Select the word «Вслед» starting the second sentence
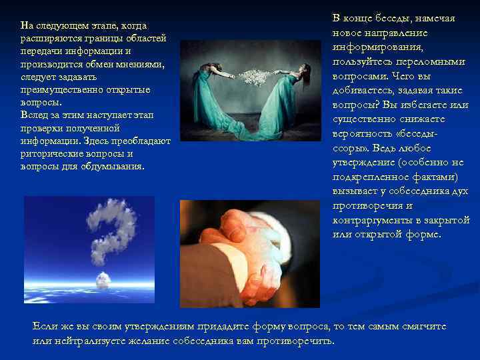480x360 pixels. point(34,115)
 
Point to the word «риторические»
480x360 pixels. point(52,153)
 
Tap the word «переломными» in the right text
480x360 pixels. point(437,61)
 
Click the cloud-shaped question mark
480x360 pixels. point(111,233)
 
